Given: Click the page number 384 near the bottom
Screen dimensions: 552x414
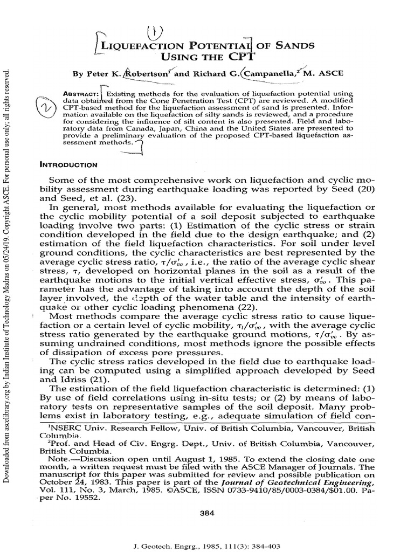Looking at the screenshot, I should click(207, 514).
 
